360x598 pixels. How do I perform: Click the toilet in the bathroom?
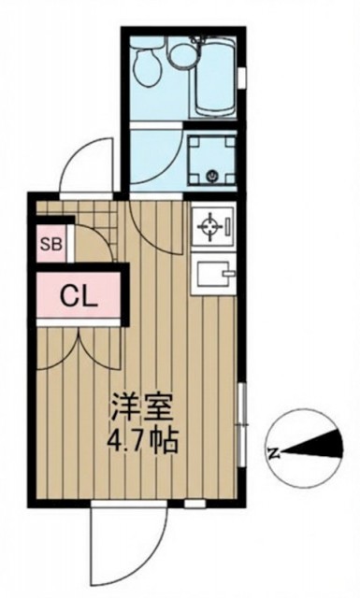(x=146, y=65)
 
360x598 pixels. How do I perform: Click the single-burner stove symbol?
(x=212, y=226)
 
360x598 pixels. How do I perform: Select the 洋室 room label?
(x=139, y=408)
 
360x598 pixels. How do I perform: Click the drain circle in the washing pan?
(x=212, y=176)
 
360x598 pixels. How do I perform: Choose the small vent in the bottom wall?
(x=194, y=505)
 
